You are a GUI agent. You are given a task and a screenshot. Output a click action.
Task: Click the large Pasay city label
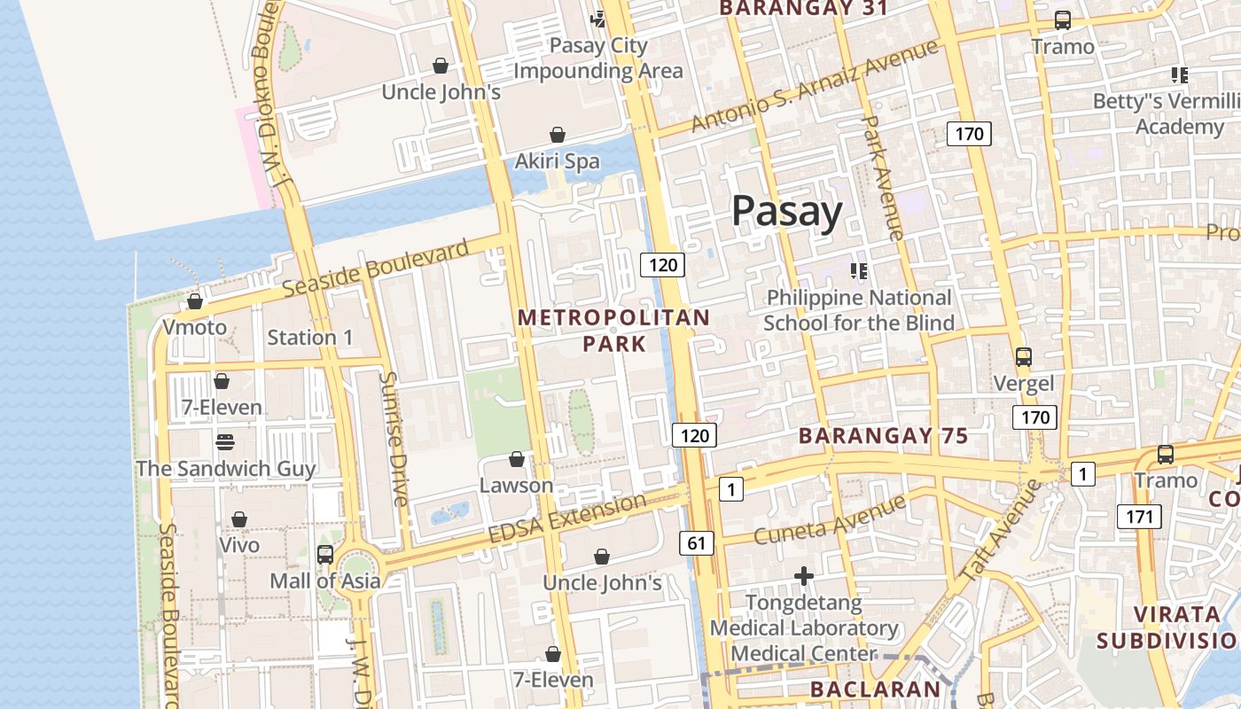coord(787,213)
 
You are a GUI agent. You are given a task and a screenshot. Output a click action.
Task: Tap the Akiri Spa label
coord(558,161)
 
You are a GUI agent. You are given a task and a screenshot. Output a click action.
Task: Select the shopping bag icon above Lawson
coord(517,459)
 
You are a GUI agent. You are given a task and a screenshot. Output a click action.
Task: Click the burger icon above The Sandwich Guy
coord(225,441)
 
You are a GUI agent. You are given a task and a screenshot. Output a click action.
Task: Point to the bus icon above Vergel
coord(1024,357)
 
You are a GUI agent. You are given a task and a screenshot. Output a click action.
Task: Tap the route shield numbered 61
coord(698,543)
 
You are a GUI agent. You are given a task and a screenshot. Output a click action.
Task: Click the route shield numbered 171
coord(1138,516)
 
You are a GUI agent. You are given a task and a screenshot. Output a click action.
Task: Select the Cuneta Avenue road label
coord(830,520)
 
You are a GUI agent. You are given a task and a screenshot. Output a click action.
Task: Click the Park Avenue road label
coord(883,177)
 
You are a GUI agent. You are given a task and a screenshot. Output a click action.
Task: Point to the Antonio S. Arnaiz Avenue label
coord(815,86)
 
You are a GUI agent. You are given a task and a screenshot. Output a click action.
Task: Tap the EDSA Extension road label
coord(567,519)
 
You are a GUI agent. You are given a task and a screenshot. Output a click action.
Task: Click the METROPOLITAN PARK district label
coord(613,330)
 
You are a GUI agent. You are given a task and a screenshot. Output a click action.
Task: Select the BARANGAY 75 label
coord(883,436)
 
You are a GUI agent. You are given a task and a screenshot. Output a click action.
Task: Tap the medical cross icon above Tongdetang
coord(804,577)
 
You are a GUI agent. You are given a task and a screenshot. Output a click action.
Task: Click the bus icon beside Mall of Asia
coord(325,555)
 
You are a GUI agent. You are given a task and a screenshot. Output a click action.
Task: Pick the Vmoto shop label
coord(194,328)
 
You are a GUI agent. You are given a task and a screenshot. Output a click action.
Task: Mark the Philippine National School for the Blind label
coord(859,310)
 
